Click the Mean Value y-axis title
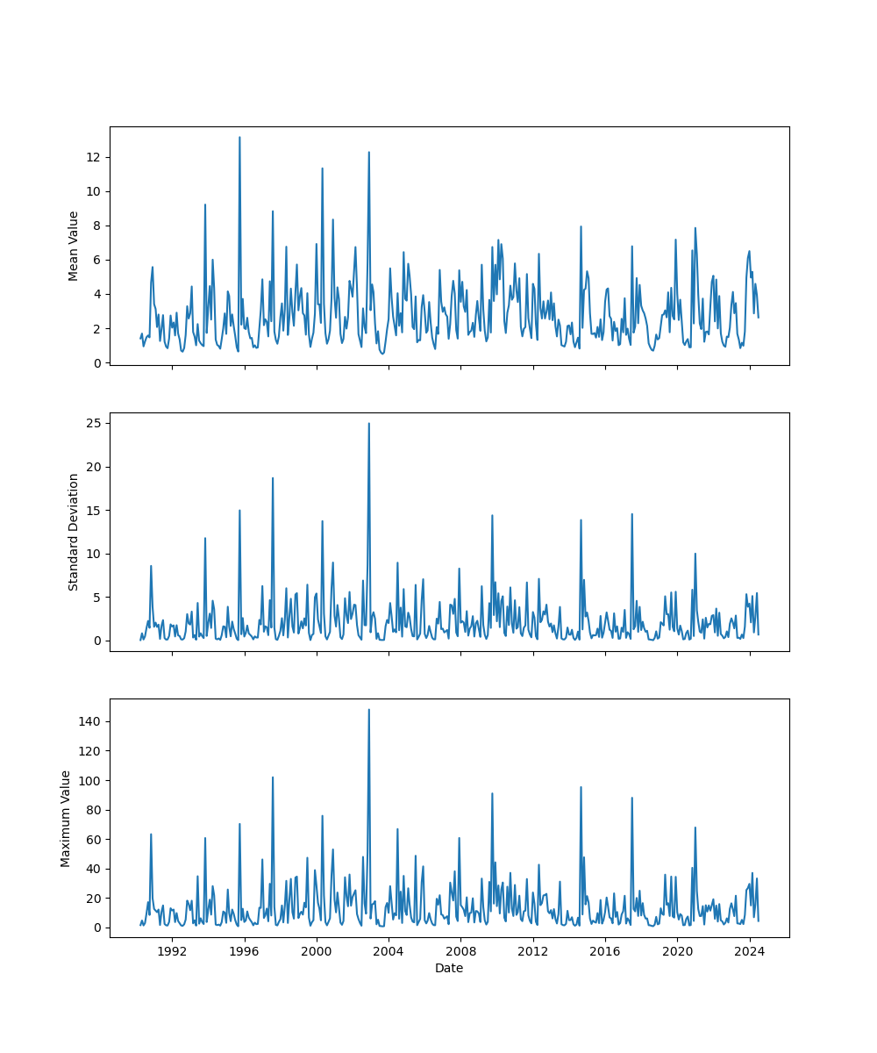pos(74,246)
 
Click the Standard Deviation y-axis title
pos(74,532)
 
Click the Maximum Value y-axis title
pos(66,818)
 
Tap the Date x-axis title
pos(449,968)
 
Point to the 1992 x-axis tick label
pos(172,951)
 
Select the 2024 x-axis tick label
pos(749,951)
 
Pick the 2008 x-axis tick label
pos(460,951)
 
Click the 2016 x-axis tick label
pos(605,951)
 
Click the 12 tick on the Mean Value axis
pos(93,157)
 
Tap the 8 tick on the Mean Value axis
pos(96,226)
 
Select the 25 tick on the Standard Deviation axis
pos(93,423)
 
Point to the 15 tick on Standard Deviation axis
pos(93,510)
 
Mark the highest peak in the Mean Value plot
pos(239,137)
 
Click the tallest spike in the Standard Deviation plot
pos(368,423)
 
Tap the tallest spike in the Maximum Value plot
pos(368,710)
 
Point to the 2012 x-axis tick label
pos(532,951)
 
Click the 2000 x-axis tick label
pos(317,951)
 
